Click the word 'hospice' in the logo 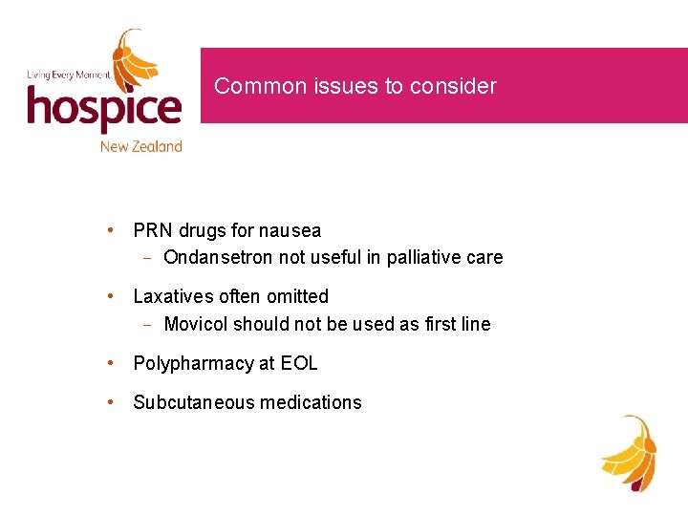pos(103,109)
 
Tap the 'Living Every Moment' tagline pos(68,75)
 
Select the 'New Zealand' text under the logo pos(140,146)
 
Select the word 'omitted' pos(296,296)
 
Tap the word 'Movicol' pos(195,324)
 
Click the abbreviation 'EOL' pos(300,363)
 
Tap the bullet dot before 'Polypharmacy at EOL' pos(113,363)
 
